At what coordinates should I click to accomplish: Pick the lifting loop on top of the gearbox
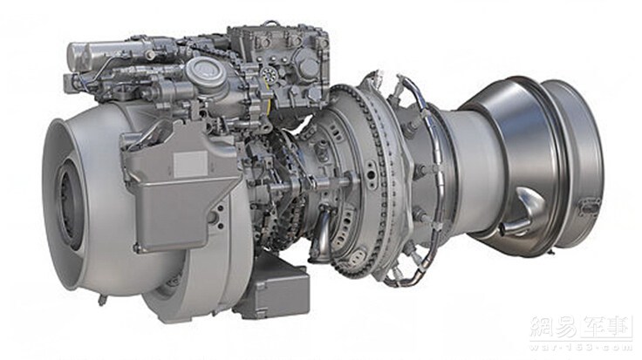[273, 26]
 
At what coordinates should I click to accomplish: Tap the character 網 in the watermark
[543, 327]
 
